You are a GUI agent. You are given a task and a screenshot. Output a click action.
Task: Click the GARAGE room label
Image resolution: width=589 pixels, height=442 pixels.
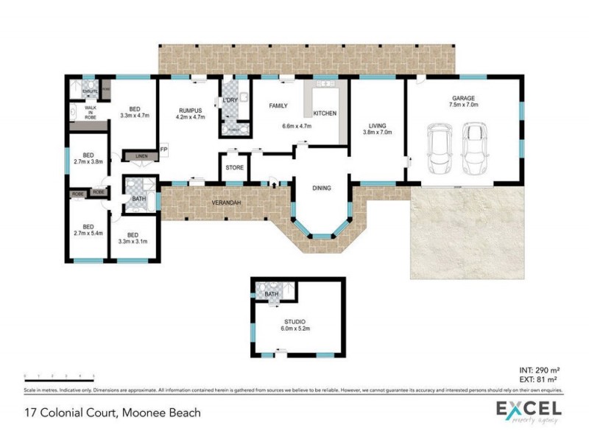(x=464, y=98)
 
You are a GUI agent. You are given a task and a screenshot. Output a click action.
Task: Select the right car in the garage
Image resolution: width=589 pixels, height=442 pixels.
(x=474, y=145)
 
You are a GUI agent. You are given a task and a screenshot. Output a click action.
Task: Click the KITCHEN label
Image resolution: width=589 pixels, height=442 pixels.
(x=325, y=113)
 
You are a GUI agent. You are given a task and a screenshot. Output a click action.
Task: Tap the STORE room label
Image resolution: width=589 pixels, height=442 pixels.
(x=234, y=168)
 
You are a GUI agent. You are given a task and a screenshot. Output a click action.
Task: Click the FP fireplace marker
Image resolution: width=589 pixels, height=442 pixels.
(x=164, y=150)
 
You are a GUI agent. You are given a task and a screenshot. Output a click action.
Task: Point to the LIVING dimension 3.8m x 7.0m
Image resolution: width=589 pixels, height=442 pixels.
(x=377, y=133)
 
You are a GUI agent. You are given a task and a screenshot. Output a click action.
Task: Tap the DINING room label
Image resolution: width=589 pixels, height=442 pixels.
(x=322, y=188)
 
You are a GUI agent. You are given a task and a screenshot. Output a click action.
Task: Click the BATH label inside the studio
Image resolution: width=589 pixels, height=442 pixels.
(x=272, y=294)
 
